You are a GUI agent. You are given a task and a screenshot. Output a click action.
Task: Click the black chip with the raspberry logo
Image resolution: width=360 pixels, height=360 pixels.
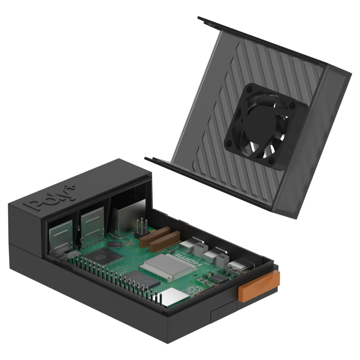coord(105,259)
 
